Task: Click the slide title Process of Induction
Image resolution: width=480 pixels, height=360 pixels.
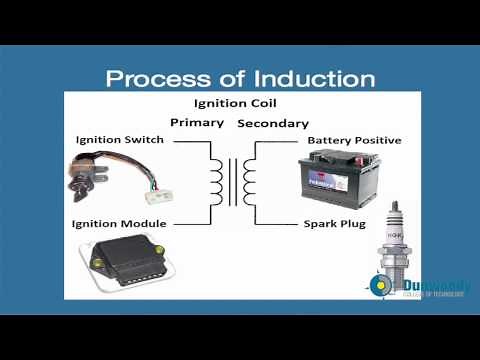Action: pyautogui.click(x=241, y=78)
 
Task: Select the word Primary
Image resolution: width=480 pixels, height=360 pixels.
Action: pyautogui.click(x=197, y=122)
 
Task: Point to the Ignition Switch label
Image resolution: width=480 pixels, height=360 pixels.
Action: pyautogui.click(x=119, y=140)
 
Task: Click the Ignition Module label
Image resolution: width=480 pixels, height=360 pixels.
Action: pyautogui.click(x=119, y=223)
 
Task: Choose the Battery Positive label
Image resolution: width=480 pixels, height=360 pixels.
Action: pyautogui.click(x=354, y=140)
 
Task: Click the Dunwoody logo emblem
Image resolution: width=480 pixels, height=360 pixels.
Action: pyautogui.click(x=381, y=286)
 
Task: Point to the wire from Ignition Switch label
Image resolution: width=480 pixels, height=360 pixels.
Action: pyautogui.click(x=190, y=141)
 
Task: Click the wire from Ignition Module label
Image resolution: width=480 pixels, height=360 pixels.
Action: pyautogui.click(x=190, y=223)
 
